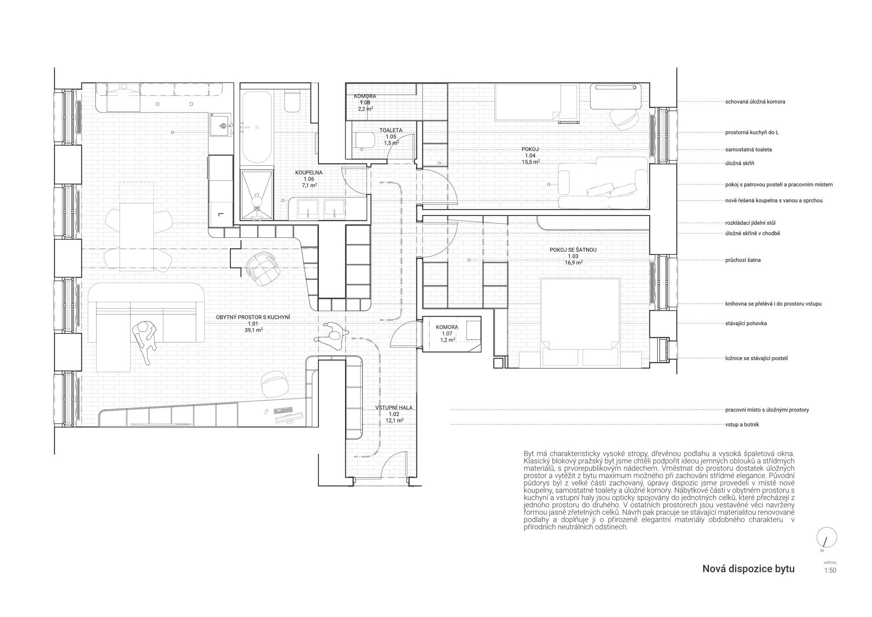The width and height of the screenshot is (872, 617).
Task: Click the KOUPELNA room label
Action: (309, 173)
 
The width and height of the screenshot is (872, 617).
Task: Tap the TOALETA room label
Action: (391, 130)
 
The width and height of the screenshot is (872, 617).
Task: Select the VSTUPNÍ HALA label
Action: (394, 408)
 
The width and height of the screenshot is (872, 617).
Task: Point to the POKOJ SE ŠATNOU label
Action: (573, 250)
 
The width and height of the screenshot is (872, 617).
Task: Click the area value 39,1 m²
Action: (253, 330)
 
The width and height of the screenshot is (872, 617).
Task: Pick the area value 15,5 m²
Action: (530, 162)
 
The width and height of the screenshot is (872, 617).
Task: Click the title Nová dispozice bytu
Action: (748, 568)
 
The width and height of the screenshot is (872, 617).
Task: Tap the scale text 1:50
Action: (830, 571)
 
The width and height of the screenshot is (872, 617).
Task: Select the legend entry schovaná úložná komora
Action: (755, 102)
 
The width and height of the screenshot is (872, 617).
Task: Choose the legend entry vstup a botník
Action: (742, 424)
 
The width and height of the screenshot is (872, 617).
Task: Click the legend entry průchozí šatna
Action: (743, 260)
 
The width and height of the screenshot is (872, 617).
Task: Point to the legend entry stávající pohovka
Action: (746, 323)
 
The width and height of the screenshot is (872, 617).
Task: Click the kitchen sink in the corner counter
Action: (222, 123)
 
